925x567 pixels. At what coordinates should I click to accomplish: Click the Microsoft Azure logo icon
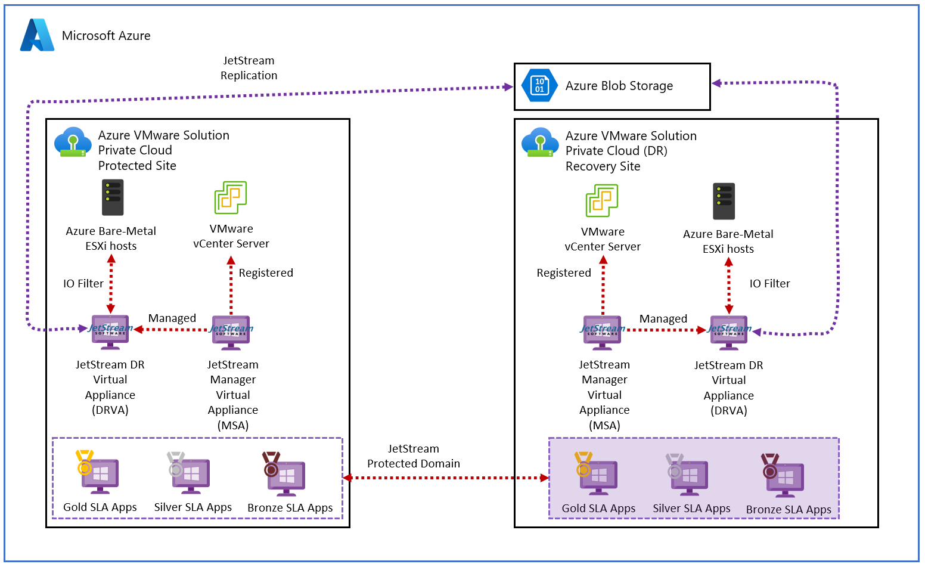point(37,35)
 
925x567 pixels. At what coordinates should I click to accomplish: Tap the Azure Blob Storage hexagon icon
point(539,85)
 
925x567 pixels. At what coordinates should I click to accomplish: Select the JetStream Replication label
point(249,68)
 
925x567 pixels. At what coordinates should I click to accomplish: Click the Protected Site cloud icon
point(73,142)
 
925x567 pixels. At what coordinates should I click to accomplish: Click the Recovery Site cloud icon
point(540,142)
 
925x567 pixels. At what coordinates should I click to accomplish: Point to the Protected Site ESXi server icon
point(113,197)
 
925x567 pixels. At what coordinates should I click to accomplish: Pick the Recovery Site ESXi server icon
point(724,201)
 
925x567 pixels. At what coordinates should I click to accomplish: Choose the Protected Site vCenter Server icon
point(231,197)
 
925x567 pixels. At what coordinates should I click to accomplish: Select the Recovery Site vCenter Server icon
point(602,200)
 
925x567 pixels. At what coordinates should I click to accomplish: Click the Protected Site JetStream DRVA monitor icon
point(110,331)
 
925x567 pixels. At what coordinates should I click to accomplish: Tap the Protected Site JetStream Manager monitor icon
point(231,331)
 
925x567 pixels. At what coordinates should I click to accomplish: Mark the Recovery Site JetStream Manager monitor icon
point(603,331)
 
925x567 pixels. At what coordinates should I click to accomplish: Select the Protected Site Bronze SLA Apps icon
point(285,475)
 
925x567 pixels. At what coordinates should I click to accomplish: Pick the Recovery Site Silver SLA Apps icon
point(688,476)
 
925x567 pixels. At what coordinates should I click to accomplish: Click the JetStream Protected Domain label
point(414,456)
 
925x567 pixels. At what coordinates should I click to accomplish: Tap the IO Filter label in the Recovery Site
point(769,284)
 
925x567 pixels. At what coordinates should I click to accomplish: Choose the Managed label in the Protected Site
point(172,318)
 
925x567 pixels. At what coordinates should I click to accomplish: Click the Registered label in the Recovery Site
point(564,273)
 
